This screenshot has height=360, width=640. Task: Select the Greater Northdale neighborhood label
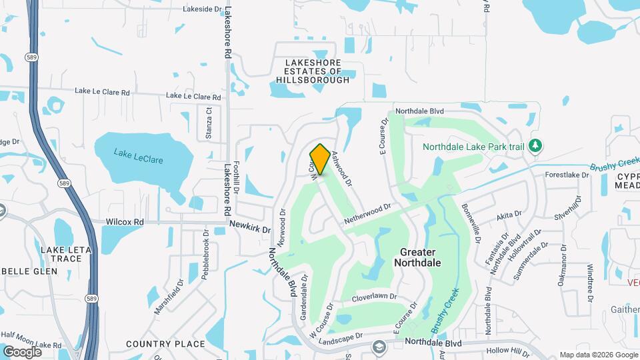point(417,257)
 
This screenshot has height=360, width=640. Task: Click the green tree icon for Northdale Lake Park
point(535,145)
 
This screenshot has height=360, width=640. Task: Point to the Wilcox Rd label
point(125,221)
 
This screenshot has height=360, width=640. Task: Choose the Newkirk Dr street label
point(251,227)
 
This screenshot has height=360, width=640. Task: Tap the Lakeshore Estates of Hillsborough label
point(313,71)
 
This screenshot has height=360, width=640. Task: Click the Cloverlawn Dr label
point(374,297)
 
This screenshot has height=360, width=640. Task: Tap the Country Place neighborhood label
point(165,344)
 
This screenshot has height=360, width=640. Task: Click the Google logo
point(22,351)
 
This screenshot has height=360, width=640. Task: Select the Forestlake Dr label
point(567,175)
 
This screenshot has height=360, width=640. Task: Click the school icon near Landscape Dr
point(379,347)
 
